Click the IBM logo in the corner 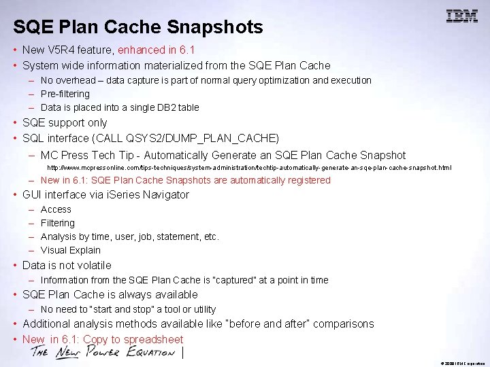pos(461,16)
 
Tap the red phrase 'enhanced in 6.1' pos(157,50)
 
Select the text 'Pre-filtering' pos(65,94)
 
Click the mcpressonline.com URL pos(248,167)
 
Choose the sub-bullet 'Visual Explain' pos(71,250)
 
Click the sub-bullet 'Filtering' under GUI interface pos(58,223)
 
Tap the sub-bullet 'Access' pos(56,209)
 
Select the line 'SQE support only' pos(65,123)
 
